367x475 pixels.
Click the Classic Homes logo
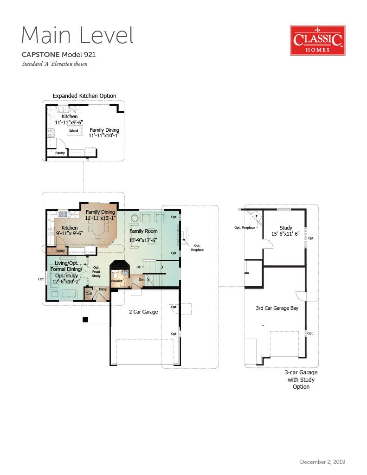pos(318,40)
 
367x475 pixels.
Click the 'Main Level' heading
pos(77,35)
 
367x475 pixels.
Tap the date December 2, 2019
pos(322,462)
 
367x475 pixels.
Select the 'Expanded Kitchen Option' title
pos(84,96)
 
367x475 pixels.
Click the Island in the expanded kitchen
pos(74,130)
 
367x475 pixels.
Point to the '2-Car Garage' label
pos(143,312)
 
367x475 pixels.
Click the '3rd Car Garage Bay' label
pos(277,308)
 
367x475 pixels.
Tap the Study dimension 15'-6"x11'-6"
pos(285,234)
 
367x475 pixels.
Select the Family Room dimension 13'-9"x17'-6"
pos(143,240)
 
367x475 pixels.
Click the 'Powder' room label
pos(116,281)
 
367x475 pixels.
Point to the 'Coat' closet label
pos(89,293)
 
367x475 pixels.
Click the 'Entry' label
pos(103,289)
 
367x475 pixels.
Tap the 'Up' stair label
pos(139,267)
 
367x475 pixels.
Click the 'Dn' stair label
pos(141,279)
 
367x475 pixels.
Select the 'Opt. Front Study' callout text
pos(97,272)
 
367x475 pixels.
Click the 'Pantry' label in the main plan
pos(60,250)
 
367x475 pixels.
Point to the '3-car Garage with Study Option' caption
pos(301,379)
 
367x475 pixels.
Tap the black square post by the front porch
pos(85,319)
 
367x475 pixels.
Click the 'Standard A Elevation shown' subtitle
pos(55,64)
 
